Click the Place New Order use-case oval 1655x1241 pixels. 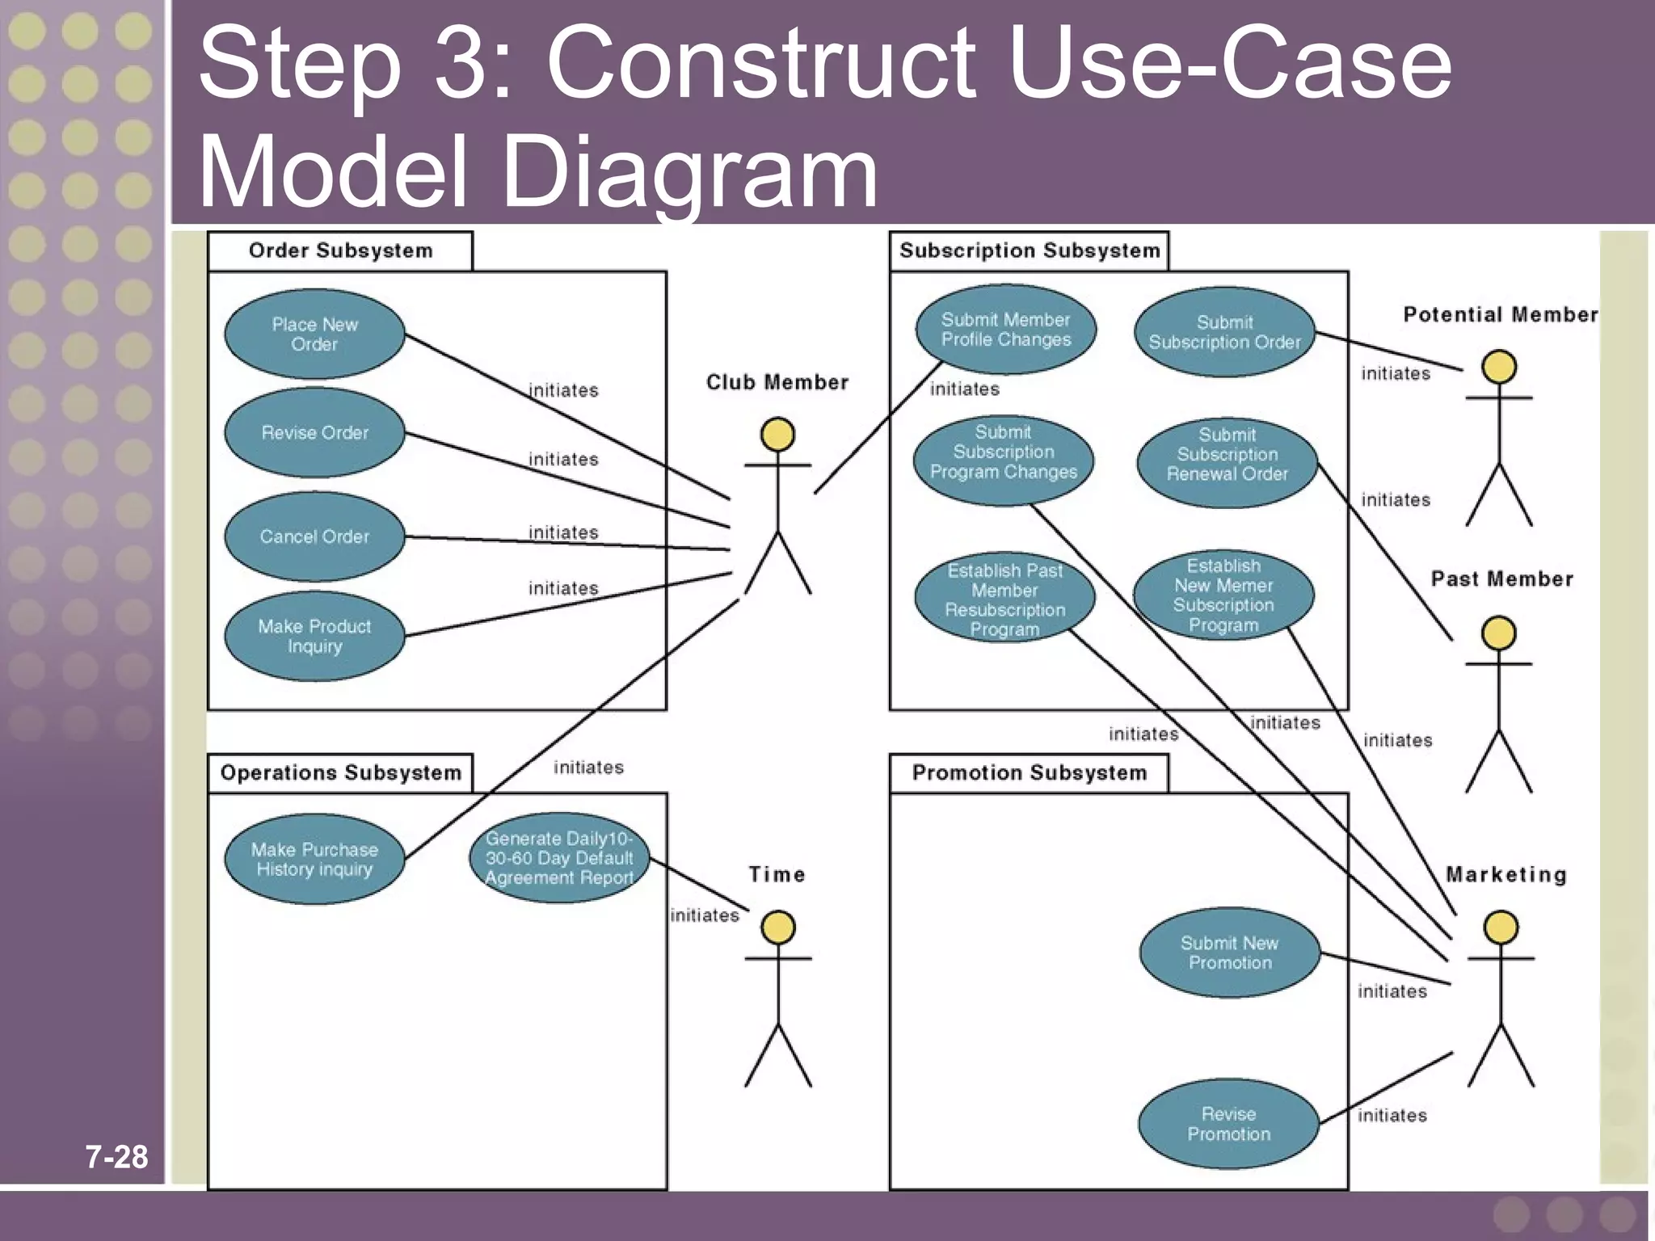tap(314, 334)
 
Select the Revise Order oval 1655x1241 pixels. tap(314, 433)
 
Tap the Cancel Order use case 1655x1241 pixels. tap(314, 536)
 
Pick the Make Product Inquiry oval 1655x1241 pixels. tap(314, 636)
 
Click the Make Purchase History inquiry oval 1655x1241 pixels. tap(314, 859)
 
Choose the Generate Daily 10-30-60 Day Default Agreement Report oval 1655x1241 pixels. tap(559, 858)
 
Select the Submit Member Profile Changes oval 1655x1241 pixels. tap(1005, 330)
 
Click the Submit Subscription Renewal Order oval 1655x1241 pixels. tap(1227, 463)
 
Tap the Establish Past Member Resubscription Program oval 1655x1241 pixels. tap(1004, 599)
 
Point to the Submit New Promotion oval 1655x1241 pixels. tap(1229, 953)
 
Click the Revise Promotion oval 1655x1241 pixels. tap(1228, 1124)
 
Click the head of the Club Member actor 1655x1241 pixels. tap(777, 435)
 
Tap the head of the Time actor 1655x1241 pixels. tap(777, 928)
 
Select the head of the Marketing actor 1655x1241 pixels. tap(1501, 928)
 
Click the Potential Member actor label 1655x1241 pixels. tap(1500, 314)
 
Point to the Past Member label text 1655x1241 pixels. tap(1501, 578)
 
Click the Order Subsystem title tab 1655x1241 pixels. tap(340, 250)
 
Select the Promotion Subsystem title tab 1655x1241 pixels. tap(1029, 773)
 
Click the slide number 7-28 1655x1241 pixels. tap(117, 1157)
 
